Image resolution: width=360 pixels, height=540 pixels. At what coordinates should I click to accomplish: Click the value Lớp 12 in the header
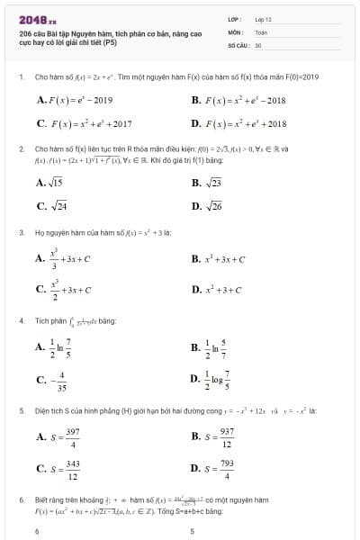pyautogui.click(x=263, y=19)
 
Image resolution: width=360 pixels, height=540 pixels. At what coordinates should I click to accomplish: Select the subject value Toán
pyautogui.click(x=261, y=31)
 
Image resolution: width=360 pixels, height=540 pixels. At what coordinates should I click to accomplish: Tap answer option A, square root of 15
pyautogui.click(x=49, y=183)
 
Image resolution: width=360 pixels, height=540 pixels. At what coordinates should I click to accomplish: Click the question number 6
pyautogui.click(x=21, y=499)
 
